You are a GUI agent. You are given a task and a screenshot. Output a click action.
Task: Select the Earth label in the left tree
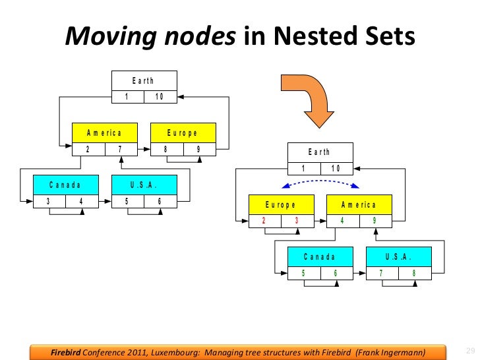(143, 80)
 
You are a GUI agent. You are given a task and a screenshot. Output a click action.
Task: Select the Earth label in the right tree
(319, 152)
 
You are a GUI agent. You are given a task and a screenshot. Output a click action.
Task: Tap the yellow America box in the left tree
(105, 133)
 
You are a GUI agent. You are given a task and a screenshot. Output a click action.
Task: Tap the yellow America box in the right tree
(359, 204)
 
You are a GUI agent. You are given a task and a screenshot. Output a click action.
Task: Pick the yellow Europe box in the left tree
(183, 133)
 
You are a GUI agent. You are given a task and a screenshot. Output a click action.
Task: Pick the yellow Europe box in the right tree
(281, 204)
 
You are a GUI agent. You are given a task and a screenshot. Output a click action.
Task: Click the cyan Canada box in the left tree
(65, 185)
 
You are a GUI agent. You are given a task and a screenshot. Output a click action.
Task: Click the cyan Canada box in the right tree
(320, 256)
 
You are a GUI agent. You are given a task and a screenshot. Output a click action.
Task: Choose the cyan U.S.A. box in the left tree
(144, 185)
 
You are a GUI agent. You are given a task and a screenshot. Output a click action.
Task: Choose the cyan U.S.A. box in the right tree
(398, 256)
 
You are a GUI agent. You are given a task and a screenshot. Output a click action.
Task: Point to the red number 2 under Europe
(264, 220)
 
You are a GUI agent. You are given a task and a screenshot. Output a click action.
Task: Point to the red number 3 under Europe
(297, 220)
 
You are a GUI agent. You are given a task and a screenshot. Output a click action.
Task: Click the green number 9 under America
(375, 220)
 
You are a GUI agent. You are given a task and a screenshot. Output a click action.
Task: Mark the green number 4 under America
(342, 220)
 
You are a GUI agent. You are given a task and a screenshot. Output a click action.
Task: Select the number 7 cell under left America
(120, 148)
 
